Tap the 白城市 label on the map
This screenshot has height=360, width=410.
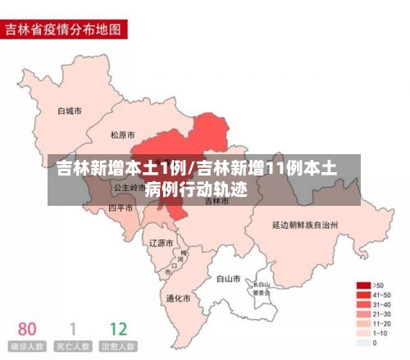70,110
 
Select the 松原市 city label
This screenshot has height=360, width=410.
122,134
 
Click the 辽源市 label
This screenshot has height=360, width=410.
161,243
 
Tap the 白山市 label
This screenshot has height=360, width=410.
227,279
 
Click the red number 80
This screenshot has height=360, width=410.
27,329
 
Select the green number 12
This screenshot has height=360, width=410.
118,329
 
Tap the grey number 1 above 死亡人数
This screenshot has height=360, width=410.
72,329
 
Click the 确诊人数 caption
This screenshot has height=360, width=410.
27,347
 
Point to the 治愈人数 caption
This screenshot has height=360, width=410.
118,347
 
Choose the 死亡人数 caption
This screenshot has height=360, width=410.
72,347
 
